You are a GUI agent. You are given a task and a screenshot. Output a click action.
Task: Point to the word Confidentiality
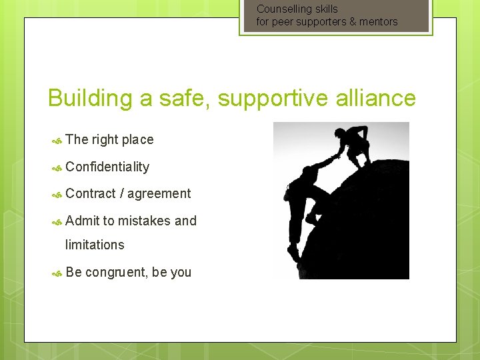point(107,167)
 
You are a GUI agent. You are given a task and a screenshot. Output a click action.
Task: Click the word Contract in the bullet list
point(91,193)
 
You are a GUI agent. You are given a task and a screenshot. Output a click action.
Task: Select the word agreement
point(159,193)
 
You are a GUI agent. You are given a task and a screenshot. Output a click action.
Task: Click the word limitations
point(95,245)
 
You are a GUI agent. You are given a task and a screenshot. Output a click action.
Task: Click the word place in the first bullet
point(137,139)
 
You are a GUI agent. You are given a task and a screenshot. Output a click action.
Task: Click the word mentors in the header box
point(379,21)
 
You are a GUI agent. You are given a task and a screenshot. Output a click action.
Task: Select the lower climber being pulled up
point(307,200)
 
